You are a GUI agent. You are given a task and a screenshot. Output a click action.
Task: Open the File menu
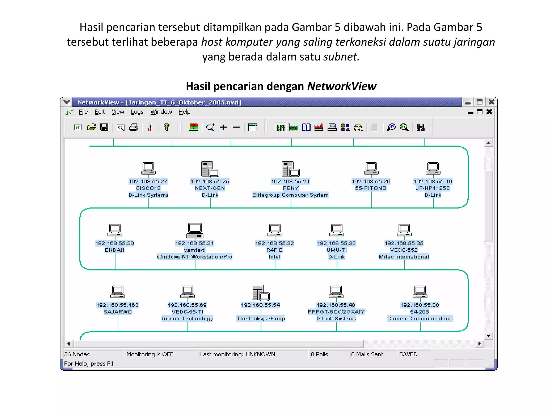(83, 112)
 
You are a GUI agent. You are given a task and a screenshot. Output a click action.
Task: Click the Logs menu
(137, 112)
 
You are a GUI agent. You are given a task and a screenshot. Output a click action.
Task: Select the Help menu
(184, 112)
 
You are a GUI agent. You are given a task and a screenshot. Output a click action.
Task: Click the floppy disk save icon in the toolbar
(104, 127)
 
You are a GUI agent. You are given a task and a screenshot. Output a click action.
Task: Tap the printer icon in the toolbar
(133, 127)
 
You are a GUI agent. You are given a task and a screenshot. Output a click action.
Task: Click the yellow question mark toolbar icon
(166, 127)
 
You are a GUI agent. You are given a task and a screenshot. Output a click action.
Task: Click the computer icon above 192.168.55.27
(148, 168)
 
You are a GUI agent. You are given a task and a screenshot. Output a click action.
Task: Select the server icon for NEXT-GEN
(210, 169)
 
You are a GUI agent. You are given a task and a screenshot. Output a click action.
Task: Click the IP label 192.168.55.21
(290, 182)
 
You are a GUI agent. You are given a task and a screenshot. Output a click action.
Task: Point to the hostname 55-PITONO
(371, 188)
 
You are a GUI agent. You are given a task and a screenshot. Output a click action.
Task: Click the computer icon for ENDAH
(115, 230)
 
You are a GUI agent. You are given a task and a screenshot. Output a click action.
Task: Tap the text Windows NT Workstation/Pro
(194, 257)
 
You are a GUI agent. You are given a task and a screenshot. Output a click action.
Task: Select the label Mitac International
(404, 257)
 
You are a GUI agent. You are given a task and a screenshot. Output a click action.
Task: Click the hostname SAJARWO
(118, 312)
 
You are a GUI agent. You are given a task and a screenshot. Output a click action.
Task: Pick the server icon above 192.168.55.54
(260, 293)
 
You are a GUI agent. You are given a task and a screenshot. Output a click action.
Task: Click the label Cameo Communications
(420, 319)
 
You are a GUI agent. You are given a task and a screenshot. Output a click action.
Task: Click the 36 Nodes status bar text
(77, 354)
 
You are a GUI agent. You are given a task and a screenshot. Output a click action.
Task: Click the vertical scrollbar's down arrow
(488, 336)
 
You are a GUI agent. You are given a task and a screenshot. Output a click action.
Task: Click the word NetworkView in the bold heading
(342, 86)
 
